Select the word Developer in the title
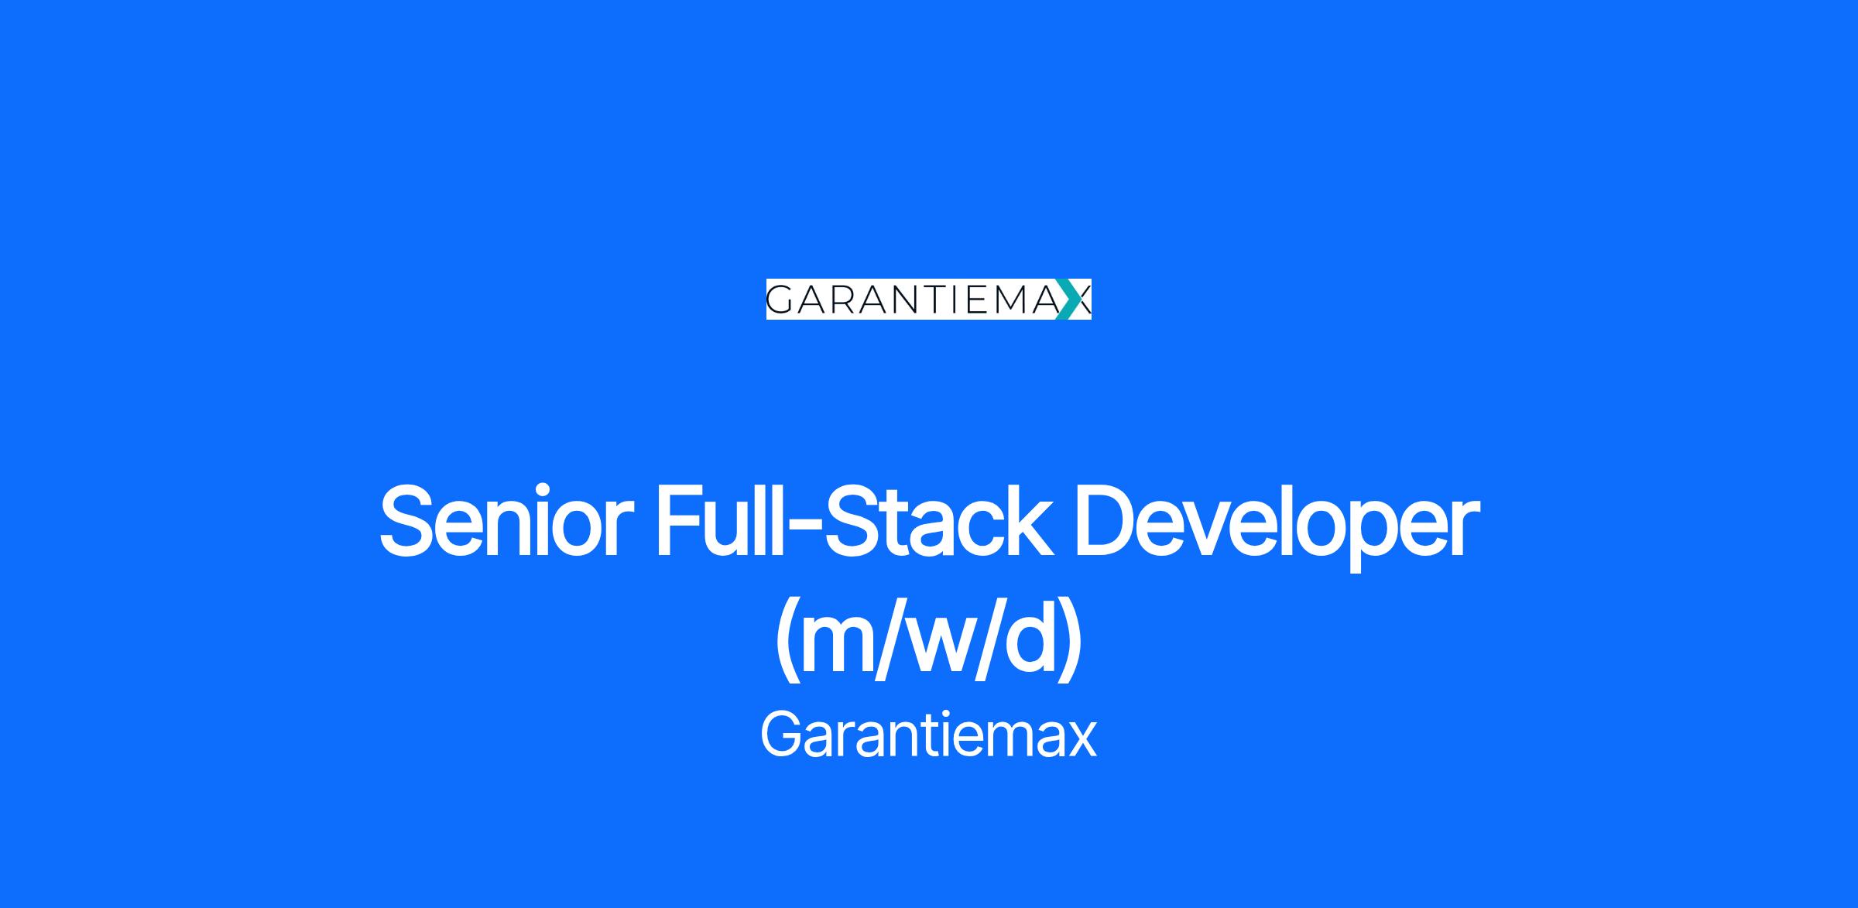1277,526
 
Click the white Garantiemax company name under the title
928,734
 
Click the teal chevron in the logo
1070,299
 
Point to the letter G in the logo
783,300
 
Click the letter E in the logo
973,300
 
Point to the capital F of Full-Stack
680,520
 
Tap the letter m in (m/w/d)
841,647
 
